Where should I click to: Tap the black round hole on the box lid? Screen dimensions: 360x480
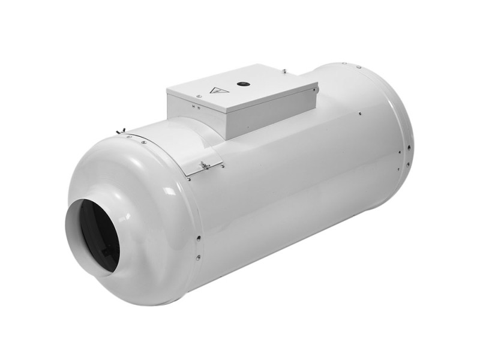point(245,85)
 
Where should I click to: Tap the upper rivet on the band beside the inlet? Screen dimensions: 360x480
point(197,238)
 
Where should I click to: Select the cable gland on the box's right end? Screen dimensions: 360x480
point(316,91)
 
